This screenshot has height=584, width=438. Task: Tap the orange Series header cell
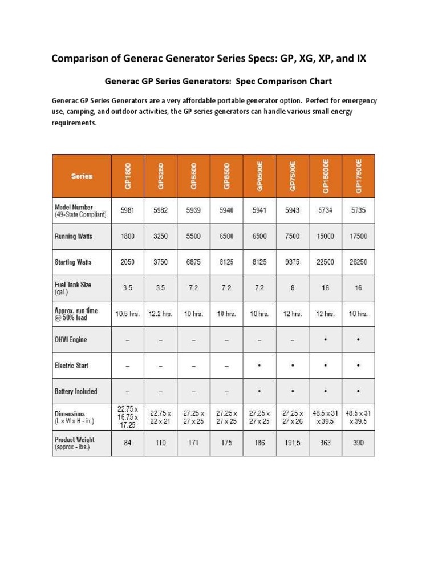coord(82,176)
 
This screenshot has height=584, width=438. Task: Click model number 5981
coord(128,210)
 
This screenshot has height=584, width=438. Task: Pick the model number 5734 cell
coord(326,210)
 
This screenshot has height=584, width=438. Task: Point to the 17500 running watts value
coord(359,236)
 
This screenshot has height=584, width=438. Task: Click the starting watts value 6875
coord(194,262)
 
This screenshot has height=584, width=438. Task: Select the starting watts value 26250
coord(359,262)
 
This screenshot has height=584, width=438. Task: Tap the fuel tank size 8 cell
coord(293,288)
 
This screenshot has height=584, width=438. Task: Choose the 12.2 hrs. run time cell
coord(161,314)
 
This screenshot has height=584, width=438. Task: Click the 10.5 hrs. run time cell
coord(128,314)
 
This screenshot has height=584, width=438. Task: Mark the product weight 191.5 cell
coord(293,443)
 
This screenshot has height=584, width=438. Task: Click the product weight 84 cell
coord(128,443)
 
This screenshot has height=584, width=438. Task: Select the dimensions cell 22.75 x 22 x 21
coord(161,416)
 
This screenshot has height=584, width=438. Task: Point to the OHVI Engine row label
coord(71,340)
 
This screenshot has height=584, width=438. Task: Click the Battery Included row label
coord(76,391)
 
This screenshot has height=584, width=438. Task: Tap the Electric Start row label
coord(71,366)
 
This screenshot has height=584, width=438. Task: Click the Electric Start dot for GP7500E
coord(293,366)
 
